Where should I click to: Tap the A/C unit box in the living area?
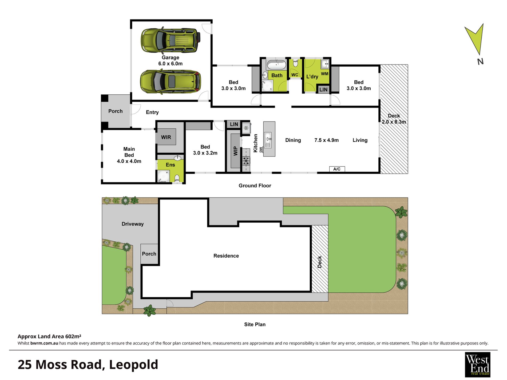pos(337,169)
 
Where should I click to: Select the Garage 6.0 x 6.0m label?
pos(171,61)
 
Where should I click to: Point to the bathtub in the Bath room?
pos(276,65)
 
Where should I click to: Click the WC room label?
pos(295,75)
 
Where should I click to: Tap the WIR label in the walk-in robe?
pos(166,137)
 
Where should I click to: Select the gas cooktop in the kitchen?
pos(246,161)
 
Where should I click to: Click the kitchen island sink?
pos(268,140)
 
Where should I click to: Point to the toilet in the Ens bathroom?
pos(177,178)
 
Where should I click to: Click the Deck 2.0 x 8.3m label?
pos(394,119)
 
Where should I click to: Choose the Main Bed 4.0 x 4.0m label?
pos(129,155)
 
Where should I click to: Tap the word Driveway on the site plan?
pos(133,224)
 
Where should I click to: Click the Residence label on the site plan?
pos(226,256)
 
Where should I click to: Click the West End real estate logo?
pos(477,365)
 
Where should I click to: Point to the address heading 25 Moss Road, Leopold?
pos(88,365)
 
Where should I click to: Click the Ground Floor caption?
pos(255,186)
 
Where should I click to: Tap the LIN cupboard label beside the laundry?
pos(323,90)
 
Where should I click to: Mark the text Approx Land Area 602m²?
pos(49,336)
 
